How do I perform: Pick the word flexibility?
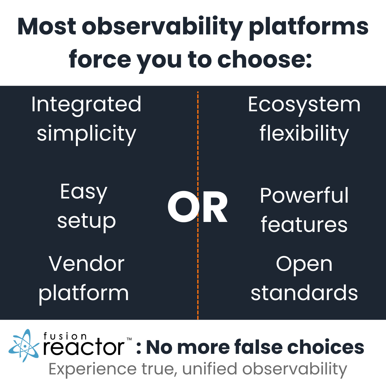pyautogui.click(x=304, y=134)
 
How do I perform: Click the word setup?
pyautogui.click(x=86, y=221)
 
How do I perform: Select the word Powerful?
pyautogui.click(x=304, y=196)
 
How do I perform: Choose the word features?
pyautogui.click(x=304, y=225)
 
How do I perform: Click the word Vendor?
pyautogui.click(x=86, y=264)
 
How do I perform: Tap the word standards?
pyautogui.click(x=304, y=293)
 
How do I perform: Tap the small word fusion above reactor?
pyautogui.click(x=65, y=336)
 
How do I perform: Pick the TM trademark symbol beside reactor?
pyautogui.click(x=129, y=339)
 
